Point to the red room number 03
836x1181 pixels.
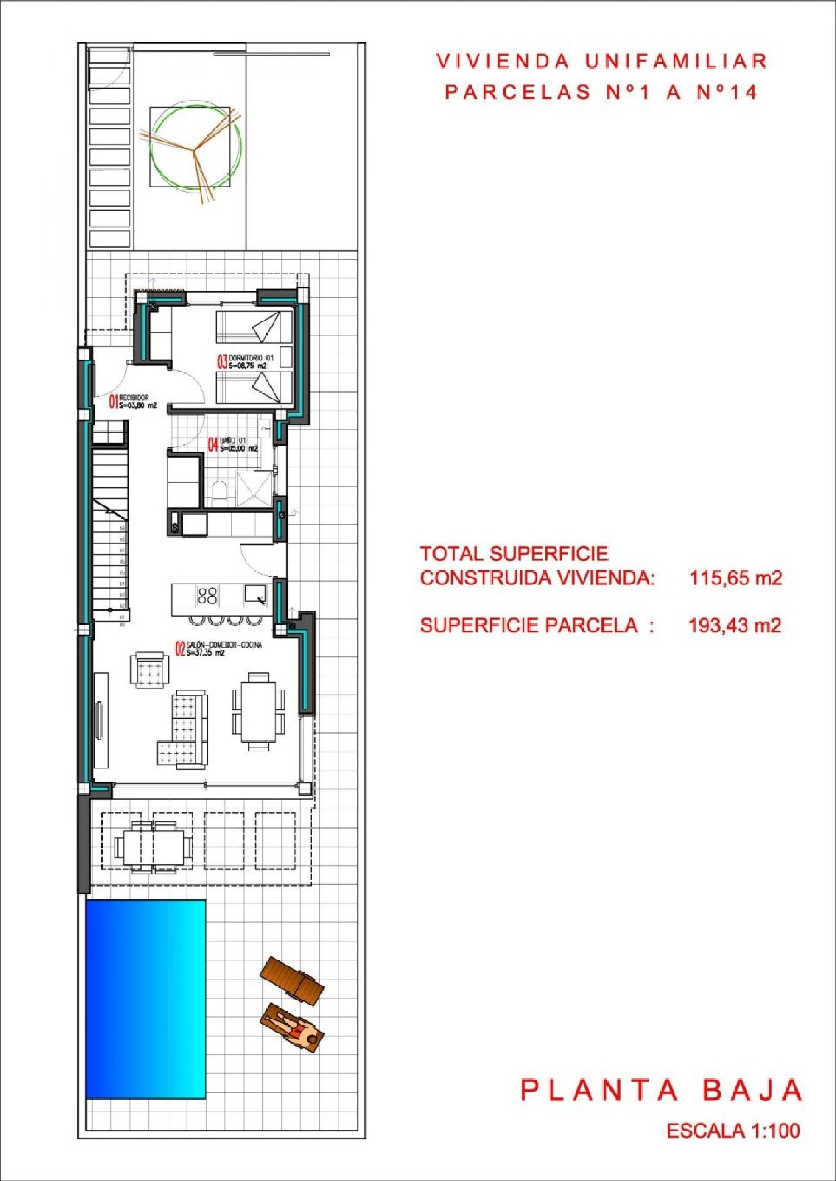click(x=222, y=362)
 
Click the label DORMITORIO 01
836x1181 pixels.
click(x=251, y=358)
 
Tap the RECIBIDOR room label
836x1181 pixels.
click(x=134, y=398)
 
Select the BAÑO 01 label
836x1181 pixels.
click(x=233, y=441)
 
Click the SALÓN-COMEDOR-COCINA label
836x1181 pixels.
click(x=224, y=645)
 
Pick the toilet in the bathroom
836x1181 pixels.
click(x=220, y=493)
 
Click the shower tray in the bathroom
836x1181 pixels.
click(x=254, y=489)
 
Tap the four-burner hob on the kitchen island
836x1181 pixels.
click(x=207, y=596)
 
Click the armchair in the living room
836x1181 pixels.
click(x=149, y=669)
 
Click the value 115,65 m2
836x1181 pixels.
click(x=735, y=578)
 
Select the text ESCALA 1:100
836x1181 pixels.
click(x=733, y=1130)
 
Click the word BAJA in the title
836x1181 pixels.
click(x=752, y=1091)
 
